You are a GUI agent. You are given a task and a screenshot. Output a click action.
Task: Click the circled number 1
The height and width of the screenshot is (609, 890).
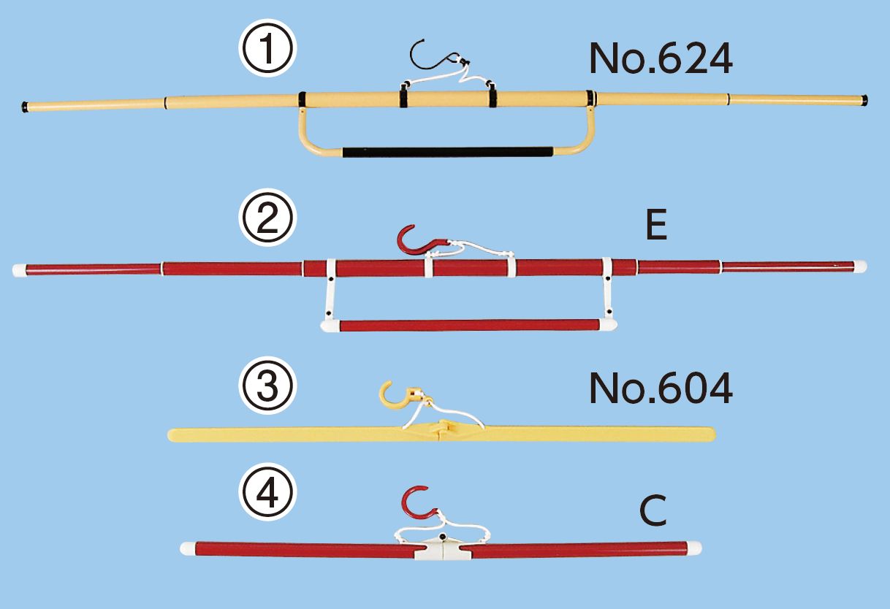coord(267,47)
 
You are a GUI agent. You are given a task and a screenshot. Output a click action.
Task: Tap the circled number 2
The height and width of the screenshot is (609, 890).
coord(267,218)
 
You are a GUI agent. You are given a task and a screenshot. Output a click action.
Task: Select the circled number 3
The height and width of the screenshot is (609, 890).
coord(267,386)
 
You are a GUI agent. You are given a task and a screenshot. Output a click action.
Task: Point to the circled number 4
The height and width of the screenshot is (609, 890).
coord(267,492)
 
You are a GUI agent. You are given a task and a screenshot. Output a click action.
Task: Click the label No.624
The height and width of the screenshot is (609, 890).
coord(661,58)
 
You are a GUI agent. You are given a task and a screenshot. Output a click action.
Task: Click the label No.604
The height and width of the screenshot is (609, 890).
coord(661,388)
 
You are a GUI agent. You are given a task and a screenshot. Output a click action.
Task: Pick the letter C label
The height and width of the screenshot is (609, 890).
coord(653,510)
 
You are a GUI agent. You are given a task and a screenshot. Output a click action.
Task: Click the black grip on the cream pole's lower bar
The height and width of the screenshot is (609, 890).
coord(448,152)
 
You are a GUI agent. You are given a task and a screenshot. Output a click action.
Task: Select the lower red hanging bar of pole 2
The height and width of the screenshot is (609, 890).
coord(469,325)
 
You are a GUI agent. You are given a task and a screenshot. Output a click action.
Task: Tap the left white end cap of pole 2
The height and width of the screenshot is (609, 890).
coord(20,270)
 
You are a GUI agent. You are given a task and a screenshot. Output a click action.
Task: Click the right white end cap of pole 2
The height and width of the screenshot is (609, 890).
coord(860,267)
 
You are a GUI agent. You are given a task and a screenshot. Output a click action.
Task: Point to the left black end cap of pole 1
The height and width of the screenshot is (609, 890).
coord(25,107)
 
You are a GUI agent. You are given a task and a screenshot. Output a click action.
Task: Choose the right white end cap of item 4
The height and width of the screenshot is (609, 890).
coord(694,548)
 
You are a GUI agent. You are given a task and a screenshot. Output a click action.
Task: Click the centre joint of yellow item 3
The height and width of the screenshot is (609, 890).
coord(443,429)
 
